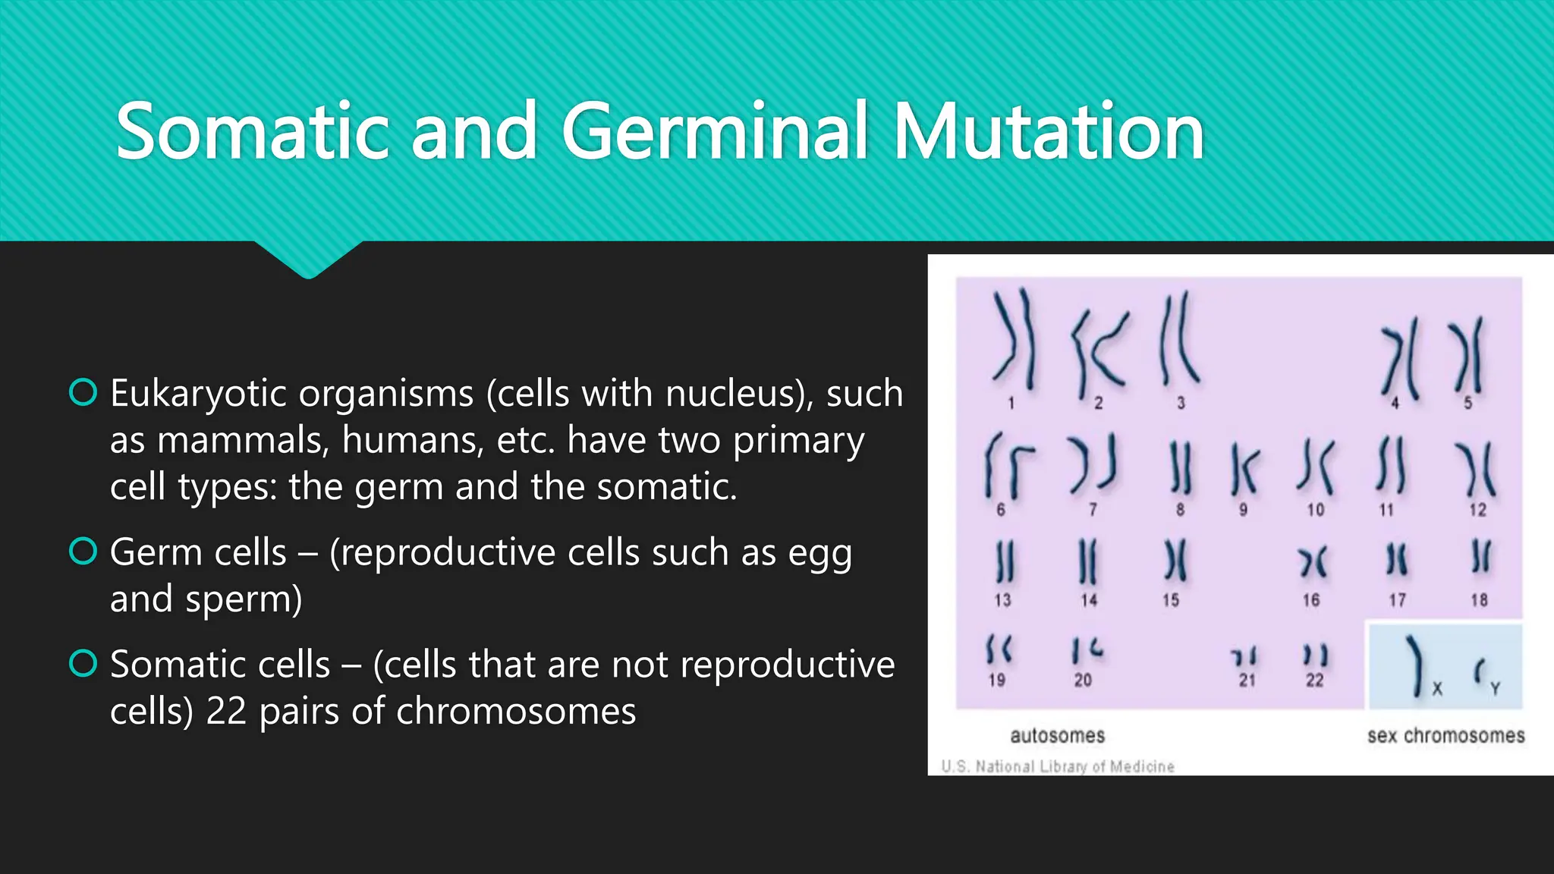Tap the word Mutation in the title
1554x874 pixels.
(x=1049, y=132)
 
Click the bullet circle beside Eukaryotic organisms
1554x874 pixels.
(x=83, y=392)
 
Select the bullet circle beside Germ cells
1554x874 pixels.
(x=83, y=552)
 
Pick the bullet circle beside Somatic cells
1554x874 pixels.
(x=83, y=664)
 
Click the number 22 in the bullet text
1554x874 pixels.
(x=226, y=711)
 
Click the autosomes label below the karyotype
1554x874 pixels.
(x=1057, y=735)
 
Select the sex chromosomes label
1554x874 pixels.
(x=1445, y=735)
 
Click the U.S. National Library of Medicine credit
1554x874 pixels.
(x=1057, y=766)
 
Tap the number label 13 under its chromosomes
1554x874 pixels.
(x=1002, y=600)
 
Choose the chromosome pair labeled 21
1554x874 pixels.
(x=1245, y=656)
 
